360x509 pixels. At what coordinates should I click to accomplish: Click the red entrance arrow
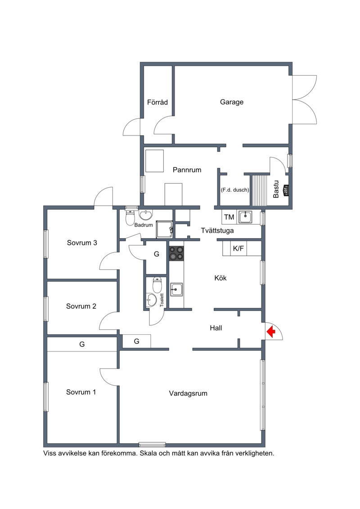click(x=271, y=332)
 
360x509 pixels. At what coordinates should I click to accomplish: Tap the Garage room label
click(x=231, y=102)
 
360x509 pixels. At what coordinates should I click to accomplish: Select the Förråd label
click(x=157, y=102)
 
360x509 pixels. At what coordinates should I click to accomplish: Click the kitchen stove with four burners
click(x=176, y=253)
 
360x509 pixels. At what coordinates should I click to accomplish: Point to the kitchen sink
click(x=176, y=289)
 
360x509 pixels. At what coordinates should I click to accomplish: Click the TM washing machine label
click(x=229, y=217)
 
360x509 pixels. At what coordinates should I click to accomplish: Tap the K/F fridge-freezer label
click(x=238, y=249)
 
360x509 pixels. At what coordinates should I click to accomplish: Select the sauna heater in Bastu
click(x=286, y=190)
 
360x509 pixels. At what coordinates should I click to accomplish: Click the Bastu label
click(x=276, y=189)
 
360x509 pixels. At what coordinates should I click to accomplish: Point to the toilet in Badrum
click(x=130, y=217)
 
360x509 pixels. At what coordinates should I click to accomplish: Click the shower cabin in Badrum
click(x=164, y=229)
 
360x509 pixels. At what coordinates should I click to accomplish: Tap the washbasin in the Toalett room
click(x=151, y=300)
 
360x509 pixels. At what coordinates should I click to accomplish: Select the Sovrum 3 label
click(x=82, y=243)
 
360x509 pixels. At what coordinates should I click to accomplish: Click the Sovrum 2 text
click(x=81, y=306)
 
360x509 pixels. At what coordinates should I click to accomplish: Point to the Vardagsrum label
click(x=188, y=393)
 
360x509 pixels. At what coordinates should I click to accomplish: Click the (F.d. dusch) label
click(x=235, y=190)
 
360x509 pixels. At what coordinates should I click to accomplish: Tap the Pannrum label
click(x=187, y=170)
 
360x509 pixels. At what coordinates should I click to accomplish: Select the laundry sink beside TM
click(x=246, y=217)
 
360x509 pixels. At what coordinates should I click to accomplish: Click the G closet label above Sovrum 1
click(x=82, y=344)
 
